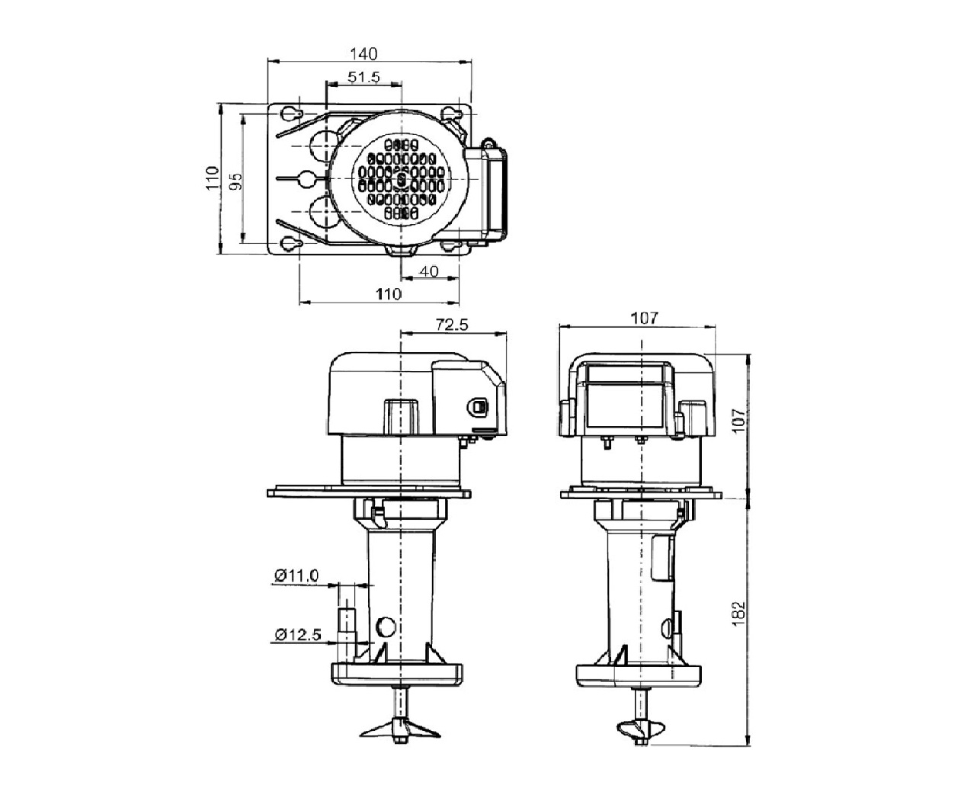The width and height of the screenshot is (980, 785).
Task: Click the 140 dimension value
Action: coord(363,54)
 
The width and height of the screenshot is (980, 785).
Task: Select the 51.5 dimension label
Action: coord(363,77)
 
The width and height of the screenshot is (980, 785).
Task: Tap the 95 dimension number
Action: coord(236,181)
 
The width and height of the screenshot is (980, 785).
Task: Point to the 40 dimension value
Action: coord(428,271)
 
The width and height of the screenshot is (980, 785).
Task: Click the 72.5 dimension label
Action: coord(452,325)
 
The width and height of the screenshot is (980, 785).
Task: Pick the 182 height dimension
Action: coord(738,614)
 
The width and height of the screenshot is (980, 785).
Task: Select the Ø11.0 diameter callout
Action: coord(296,576)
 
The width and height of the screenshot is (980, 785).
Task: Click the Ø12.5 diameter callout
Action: coord(298,634)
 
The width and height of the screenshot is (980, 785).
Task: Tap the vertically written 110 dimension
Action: coord(213,178)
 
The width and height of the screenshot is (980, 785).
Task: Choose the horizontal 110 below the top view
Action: coord(389,294)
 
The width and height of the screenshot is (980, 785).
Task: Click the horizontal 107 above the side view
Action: coord(644,318)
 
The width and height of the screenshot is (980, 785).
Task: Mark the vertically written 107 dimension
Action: coord(738,420)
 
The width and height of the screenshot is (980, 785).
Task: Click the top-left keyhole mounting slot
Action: coord(291,113)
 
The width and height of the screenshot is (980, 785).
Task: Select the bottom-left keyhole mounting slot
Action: coord(291,244)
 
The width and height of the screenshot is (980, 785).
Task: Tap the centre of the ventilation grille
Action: coord(401,178)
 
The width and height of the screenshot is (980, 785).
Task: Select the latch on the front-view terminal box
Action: coord(478,406)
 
